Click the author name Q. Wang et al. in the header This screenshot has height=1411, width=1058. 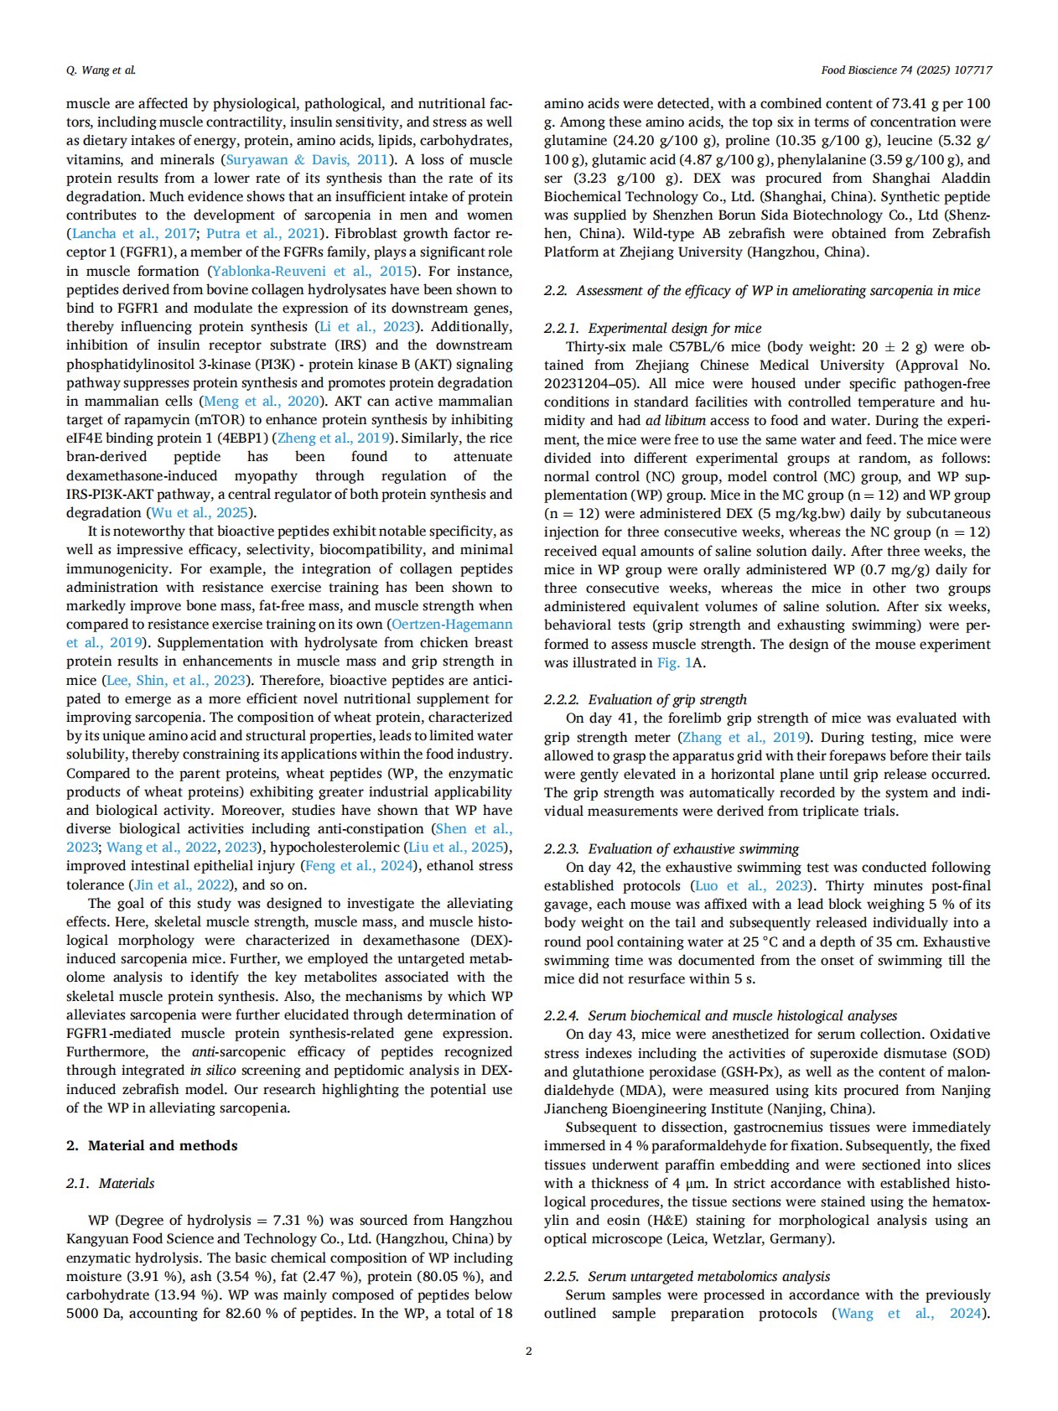pos(101,70)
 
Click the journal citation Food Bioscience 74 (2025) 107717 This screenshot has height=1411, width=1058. pos(906,70)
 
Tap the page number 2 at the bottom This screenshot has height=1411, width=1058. pos(528,1351)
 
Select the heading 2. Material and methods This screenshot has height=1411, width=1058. pos(152,1145)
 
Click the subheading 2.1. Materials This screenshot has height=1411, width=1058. pos(111,1183)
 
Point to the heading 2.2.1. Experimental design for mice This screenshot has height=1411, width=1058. pos(653,328)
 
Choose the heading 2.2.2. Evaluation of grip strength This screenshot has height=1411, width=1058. pos(645,699)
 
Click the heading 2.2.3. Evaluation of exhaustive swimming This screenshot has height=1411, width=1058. pos(672,848)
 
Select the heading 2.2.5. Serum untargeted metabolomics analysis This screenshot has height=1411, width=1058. pos(687,1276)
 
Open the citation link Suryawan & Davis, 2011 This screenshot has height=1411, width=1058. pos(307,159)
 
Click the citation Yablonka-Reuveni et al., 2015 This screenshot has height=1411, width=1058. pos(312,271)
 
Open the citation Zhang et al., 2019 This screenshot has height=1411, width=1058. pos(744,737)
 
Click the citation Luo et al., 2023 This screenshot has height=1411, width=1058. pos(751,885)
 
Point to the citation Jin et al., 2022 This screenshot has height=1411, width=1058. pos(183,884)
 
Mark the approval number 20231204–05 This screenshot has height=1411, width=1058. pos(589,383)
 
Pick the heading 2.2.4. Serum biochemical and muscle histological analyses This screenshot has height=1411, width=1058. pos(720,1015)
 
